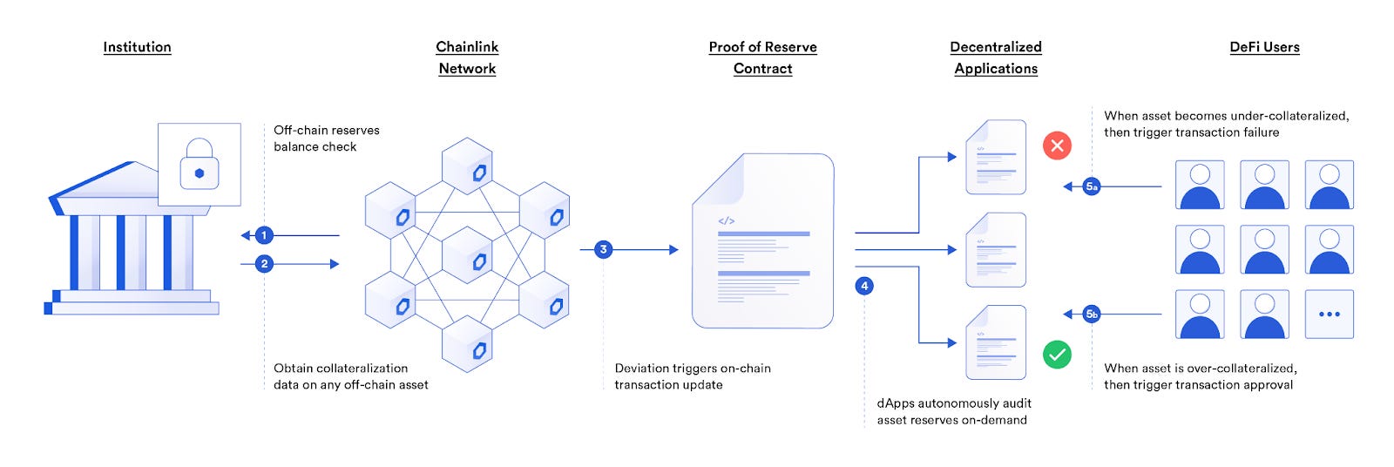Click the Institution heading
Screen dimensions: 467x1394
pos(137,47)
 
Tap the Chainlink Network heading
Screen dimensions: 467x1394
pos(467,58)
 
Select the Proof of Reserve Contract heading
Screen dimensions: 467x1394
pos(762,58)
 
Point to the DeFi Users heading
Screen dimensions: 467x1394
pos(1264,47)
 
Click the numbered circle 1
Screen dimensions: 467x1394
pos(264,235)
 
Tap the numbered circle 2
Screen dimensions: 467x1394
pos(264,264)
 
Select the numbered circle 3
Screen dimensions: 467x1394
pos(603,250)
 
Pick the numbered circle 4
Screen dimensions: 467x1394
pos(864,286)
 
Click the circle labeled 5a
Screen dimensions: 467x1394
pos(1092,186)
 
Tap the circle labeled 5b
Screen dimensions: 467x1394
pos(1092,314)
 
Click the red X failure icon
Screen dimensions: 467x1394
pos(1057,146)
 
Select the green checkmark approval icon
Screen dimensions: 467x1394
pos(1057,355)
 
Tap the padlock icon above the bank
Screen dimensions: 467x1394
pos(199,165)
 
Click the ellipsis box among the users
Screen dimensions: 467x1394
pos(1329,315)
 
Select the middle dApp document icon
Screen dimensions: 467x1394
pos(996,250)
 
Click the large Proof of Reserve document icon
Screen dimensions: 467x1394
pos(762,241)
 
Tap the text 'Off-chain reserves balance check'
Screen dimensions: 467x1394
pos(326,139)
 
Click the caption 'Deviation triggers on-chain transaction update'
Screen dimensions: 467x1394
pos(692,376)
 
